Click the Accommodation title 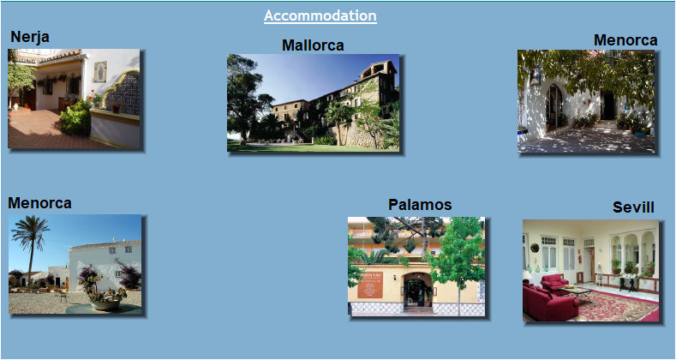tap(320, 15)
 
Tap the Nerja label tap(30, 36)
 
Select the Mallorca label tap(313, 45)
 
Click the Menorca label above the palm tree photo tap(39, 203)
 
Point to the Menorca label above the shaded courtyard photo tap(625, 40)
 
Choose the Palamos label tap(420, 204)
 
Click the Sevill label tap(633, 207)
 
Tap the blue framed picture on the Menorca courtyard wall tap(535, 75)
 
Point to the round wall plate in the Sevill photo tap(535, 248)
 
